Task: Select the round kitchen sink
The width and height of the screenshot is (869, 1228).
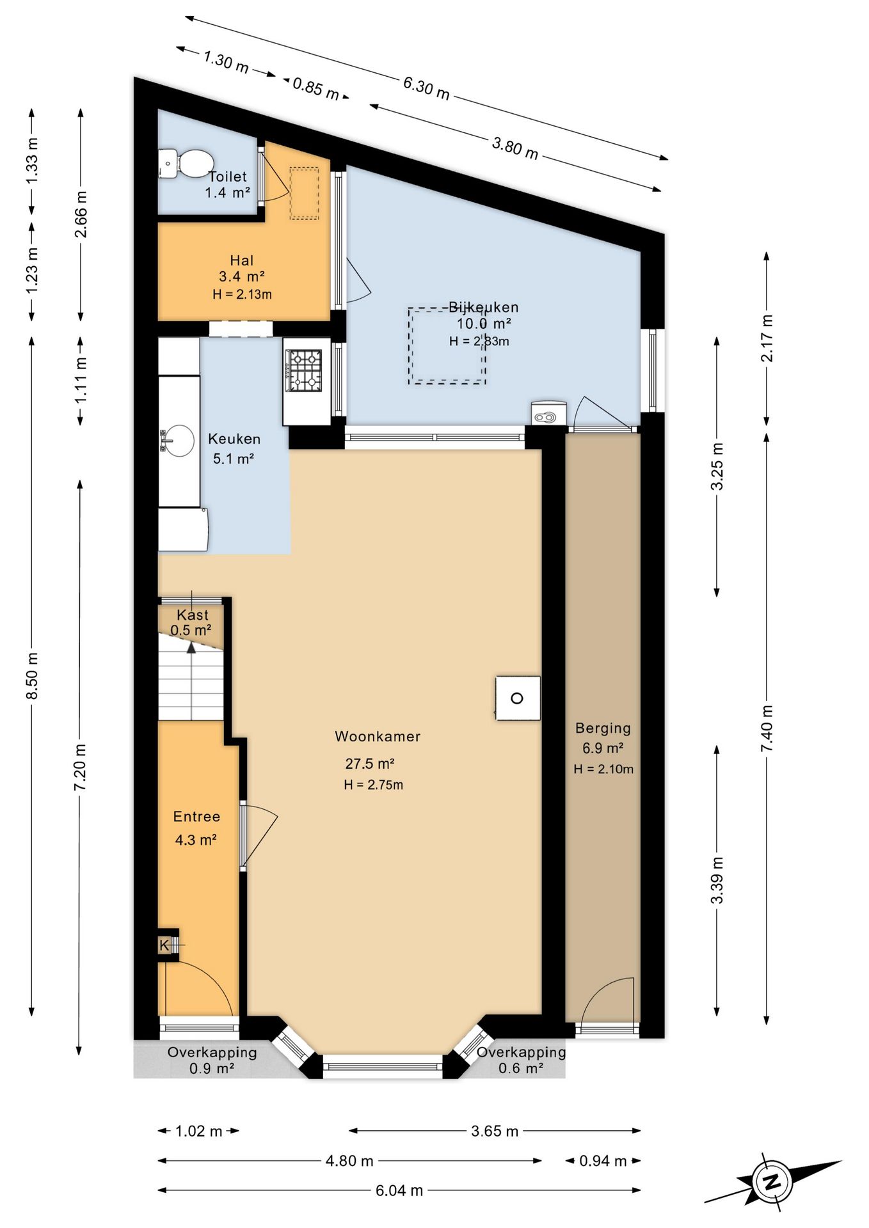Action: click(177, 441)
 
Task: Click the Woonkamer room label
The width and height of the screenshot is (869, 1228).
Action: click(378, 736)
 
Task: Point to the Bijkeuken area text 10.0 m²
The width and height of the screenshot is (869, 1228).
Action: click(483, 324)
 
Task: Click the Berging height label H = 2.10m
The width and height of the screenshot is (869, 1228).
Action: click(603, 769)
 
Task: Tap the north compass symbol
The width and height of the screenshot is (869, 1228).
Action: click(772, 1181)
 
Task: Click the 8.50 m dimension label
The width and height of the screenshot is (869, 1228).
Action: click(33, 676)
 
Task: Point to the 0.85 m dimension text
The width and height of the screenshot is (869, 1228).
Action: click(315, 88)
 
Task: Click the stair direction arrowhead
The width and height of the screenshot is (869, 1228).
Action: click(191, 647)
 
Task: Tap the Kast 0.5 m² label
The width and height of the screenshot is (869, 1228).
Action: click(191, 622)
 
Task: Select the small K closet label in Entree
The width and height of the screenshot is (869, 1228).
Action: click(164, 945)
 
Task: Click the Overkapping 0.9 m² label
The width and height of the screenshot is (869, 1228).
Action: click(212, 1060)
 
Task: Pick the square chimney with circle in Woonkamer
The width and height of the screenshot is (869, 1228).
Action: click(518, 698)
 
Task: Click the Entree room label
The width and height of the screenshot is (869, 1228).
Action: click(196, 817)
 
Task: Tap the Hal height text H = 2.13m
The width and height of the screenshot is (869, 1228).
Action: click(242, 294)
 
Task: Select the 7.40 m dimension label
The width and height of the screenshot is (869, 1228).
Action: click(767, 728)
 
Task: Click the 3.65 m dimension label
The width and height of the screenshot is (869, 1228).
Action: click(495, 1131)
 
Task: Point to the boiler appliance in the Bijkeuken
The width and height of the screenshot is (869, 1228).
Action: click(548, 413)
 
